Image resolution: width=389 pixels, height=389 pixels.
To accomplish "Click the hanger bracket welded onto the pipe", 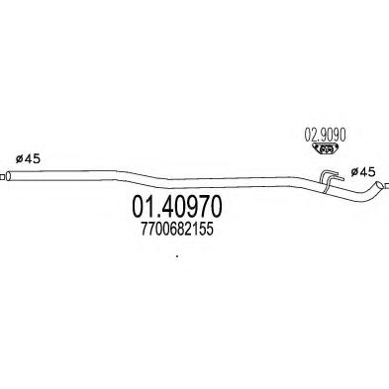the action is (328, 179).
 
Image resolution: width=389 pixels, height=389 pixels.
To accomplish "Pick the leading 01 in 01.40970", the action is (144, 209).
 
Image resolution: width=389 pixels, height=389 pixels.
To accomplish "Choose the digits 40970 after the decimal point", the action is (191, 209).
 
